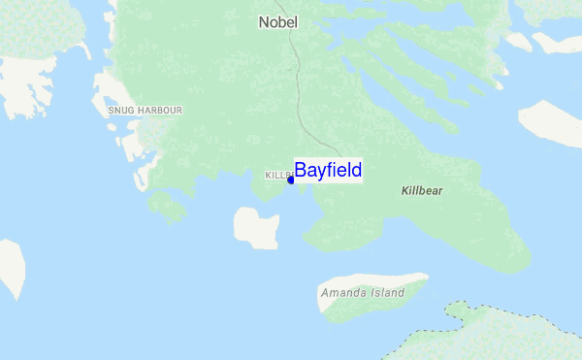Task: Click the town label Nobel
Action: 278,21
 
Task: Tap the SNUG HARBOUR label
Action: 145,111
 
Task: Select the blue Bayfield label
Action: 328,171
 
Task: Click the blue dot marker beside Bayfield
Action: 291,180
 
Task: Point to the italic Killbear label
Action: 422,191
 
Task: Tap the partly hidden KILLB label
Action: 277,176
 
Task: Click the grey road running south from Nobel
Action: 303,97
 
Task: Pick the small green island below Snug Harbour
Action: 167,206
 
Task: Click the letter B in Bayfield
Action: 301,171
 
